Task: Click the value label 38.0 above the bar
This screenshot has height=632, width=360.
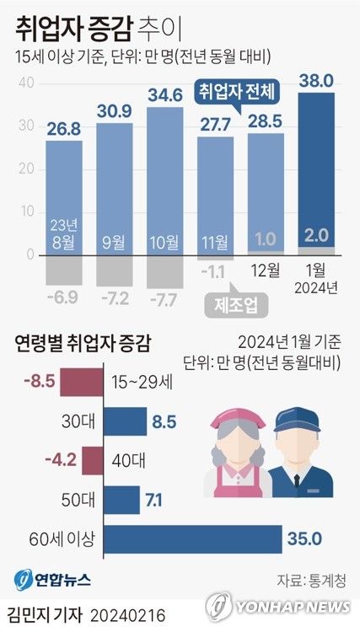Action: (x=317, y=81)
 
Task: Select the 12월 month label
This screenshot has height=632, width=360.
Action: (x=266, y=271)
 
